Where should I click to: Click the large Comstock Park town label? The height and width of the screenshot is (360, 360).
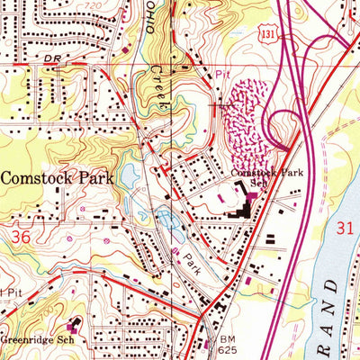tap(57, 178)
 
